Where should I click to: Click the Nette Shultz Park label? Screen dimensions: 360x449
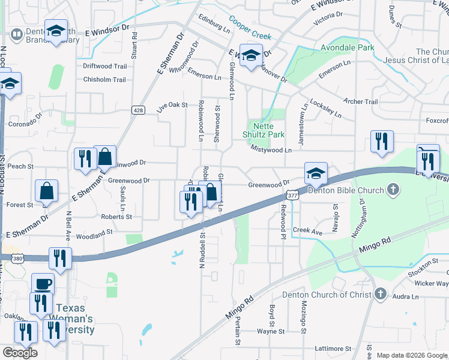click(268, 131)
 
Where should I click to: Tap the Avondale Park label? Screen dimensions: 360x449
click(348, 47)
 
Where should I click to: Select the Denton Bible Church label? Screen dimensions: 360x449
click(345, 191)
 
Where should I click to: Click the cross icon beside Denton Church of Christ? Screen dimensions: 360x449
click(379, 294)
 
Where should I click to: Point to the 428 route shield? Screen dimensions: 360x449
click(138, 110)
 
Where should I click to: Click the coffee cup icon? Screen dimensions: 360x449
click(43, 283)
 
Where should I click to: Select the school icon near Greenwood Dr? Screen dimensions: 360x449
click(316, 174)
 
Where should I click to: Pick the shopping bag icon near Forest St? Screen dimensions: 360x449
click(46, 191)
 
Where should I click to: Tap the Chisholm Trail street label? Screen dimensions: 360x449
click(104, 80)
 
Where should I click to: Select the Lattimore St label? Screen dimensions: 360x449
click(332, 349)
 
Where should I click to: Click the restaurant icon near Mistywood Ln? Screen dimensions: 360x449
click(382, 142)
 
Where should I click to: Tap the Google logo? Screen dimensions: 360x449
click(20, 353)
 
